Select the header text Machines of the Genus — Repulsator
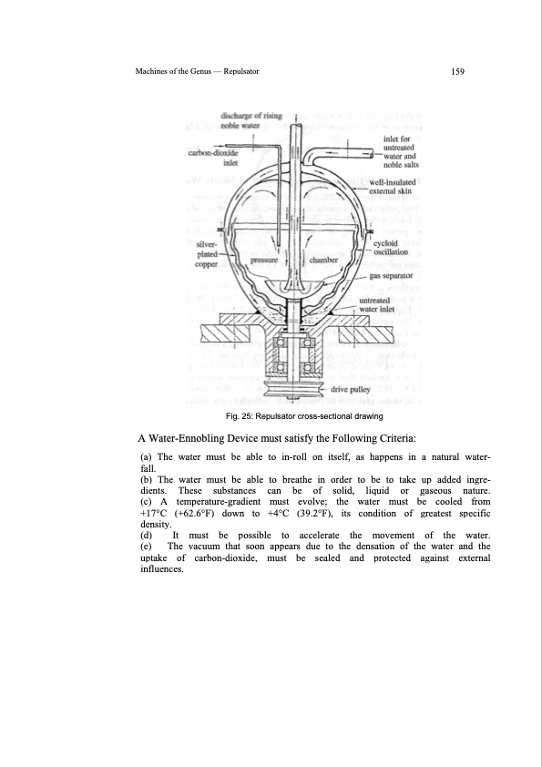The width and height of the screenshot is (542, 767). [x=190, y=72]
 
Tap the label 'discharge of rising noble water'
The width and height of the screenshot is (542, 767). [x=251, y=121]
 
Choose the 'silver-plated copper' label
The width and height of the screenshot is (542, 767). [x=213, y=254]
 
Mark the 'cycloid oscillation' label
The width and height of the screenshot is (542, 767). [x=391, y=247]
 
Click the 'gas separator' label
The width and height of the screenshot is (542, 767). [x=392, y=273]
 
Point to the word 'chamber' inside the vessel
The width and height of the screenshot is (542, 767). [x=324, y=261]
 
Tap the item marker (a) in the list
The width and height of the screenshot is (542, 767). [x=146, y=455]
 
